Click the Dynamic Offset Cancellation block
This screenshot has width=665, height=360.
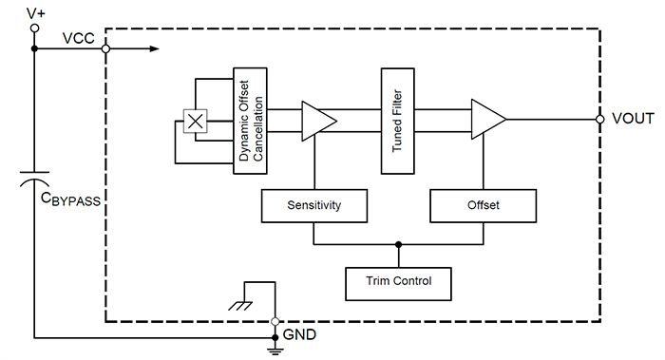(251, 121)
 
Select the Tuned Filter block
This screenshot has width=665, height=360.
(397, 121)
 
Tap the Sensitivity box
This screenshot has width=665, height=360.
(313, 205)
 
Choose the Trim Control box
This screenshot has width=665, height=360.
(398, 281)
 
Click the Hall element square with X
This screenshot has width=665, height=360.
(195, 121)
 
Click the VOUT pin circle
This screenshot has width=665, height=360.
(600, 120)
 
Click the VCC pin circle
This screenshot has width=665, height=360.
(105, 48)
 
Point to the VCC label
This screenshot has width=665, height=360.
(77, 38)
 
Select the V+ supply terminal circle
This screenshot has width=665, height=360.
(35, 29)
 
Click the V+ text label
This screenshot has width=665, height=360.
(36, 11)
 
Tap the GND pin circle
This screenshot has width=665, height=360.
(275, 321)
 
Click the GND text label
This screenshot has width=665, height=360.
(300, 335)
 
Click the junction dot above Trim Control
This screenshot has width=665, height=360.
(398, 244)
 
